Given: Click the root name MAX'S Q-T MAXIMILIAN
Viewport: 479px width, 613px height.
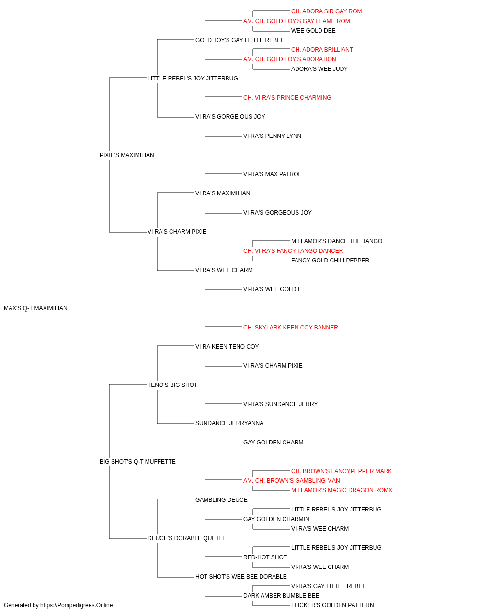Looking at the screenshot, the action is coord(35,308).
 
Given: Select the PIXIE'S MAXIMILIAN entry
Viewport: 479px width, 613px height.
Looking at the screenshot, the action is coord(126,155).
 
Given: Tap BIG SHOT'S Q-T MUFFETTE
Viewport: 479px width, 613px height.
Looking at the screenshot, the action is coord(137,462).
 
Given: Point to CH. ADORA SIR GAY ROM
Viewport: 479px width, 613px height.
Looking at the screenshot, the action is coord(326,11).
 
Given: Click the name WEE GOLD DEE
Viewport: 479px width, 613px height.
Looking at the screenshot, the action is coord(313,31).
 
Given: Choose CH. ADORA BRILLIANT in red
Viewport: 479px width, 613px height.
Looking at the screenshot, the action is coord(322,50).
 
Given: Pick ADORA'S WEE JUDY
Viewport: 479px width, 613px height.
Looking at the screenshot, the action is coord(319,69).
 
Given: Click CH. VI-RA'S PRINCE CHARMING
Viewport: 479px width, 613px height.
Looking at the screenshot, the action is coord(287,98).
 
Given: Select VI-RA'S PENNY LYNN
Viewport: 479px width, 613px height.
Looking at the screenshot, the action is coord(272,136).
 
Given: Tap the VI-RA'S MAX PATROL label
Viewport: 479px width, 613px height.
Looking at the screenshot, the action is coord(272,174).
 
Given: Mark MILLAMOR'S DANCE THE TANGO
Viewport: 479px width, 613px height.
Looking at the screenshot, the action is coord(337,241).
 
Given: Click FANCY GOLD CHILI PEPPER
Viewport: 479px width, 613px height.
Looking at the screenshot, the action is coord(330,261).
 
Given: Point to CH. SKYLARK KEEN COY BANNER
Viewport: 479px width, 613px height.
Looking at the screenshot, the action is coord(291,328).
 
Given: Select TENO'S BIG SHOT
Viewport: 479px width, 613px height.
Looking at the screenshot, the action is coord(172,385).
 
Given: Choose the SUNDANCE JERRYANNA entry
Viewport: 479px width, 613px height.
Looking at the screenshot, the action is coord(229,423).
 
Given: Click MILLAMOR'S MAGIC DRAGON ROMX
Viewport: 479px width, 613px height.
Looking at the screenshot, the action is coord(342,490).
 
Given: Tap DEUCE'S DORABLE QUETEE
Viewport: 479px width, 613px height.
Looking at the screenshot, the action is coord(187,538).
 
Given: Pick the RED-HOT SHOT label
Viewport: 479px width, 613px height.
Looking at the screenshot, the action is coord(265,557).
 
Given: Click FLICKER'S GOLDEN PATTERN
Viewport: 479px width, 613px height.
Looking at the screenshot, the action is coord(332,605).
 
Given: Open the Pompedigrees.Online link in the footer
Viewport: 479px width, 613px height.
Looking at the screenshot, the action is coord(77,605).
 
